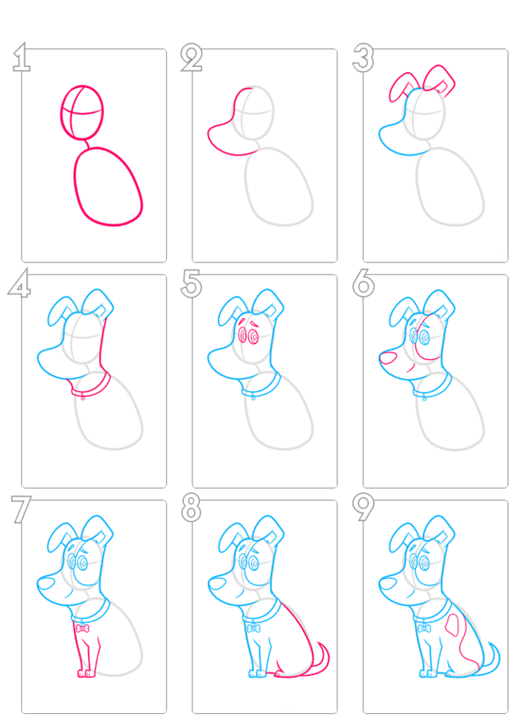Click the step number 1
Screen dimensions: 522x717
coord(22,57)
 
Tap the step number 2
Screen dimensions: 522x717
coord(192,57)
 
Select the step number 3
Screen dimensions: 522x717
coord(363,58)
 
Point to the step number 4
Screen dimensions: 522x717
coord(19,284)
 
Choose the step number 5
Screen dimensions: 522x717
coord(192,284)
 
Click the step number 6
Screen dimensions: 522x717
coord(364,284)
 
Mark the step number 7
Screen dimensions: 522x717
coord(21,509)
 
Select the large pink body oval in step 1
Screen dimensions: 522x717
coord(74,183)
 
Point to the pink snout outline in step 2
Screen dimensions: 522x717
coord(210,137)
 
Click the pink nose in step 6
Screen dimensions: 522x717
coord(388,358)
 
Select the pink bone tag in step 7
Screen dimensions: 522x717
coord(82,629)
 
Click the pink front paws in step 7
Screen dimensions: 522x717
coord(86,673)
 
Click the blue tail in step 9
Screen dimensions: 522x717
coord(497,658)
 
